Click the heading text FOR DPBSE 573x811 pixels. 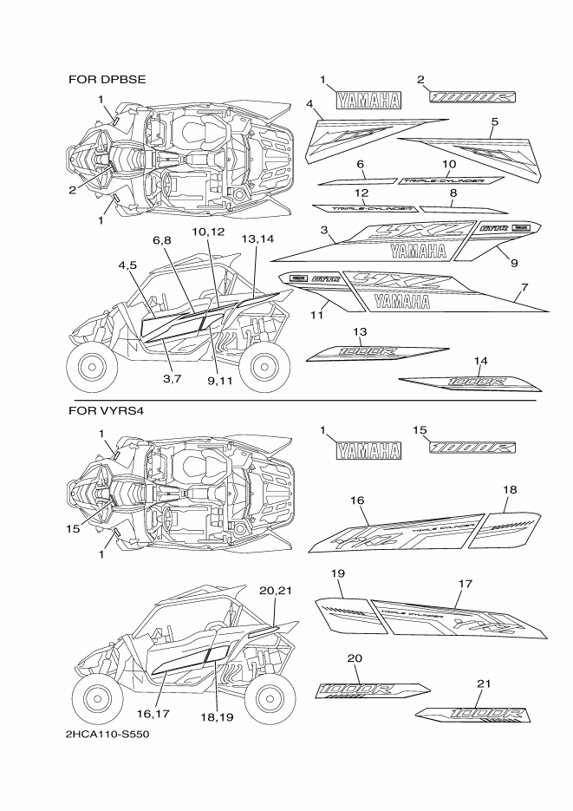[107, 79]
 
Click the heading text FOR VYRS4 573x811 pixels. [106, 409]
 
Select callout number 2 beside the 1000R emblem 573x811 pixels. [420, 80]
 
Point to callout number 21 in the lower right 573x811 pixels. [483, 683]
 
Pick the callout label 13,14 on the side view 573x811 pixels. [257, 238]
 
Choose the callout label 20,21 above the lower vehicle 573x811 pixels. [274, 590]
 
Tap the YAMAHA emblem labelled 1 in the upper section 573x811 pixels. [369, 100]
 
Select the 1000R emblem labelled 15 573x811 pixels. [474, 447]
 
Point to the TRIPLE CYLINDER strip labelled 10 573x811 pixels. [452, 180]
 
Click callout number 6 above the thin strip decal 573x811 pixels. [360, 164]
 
